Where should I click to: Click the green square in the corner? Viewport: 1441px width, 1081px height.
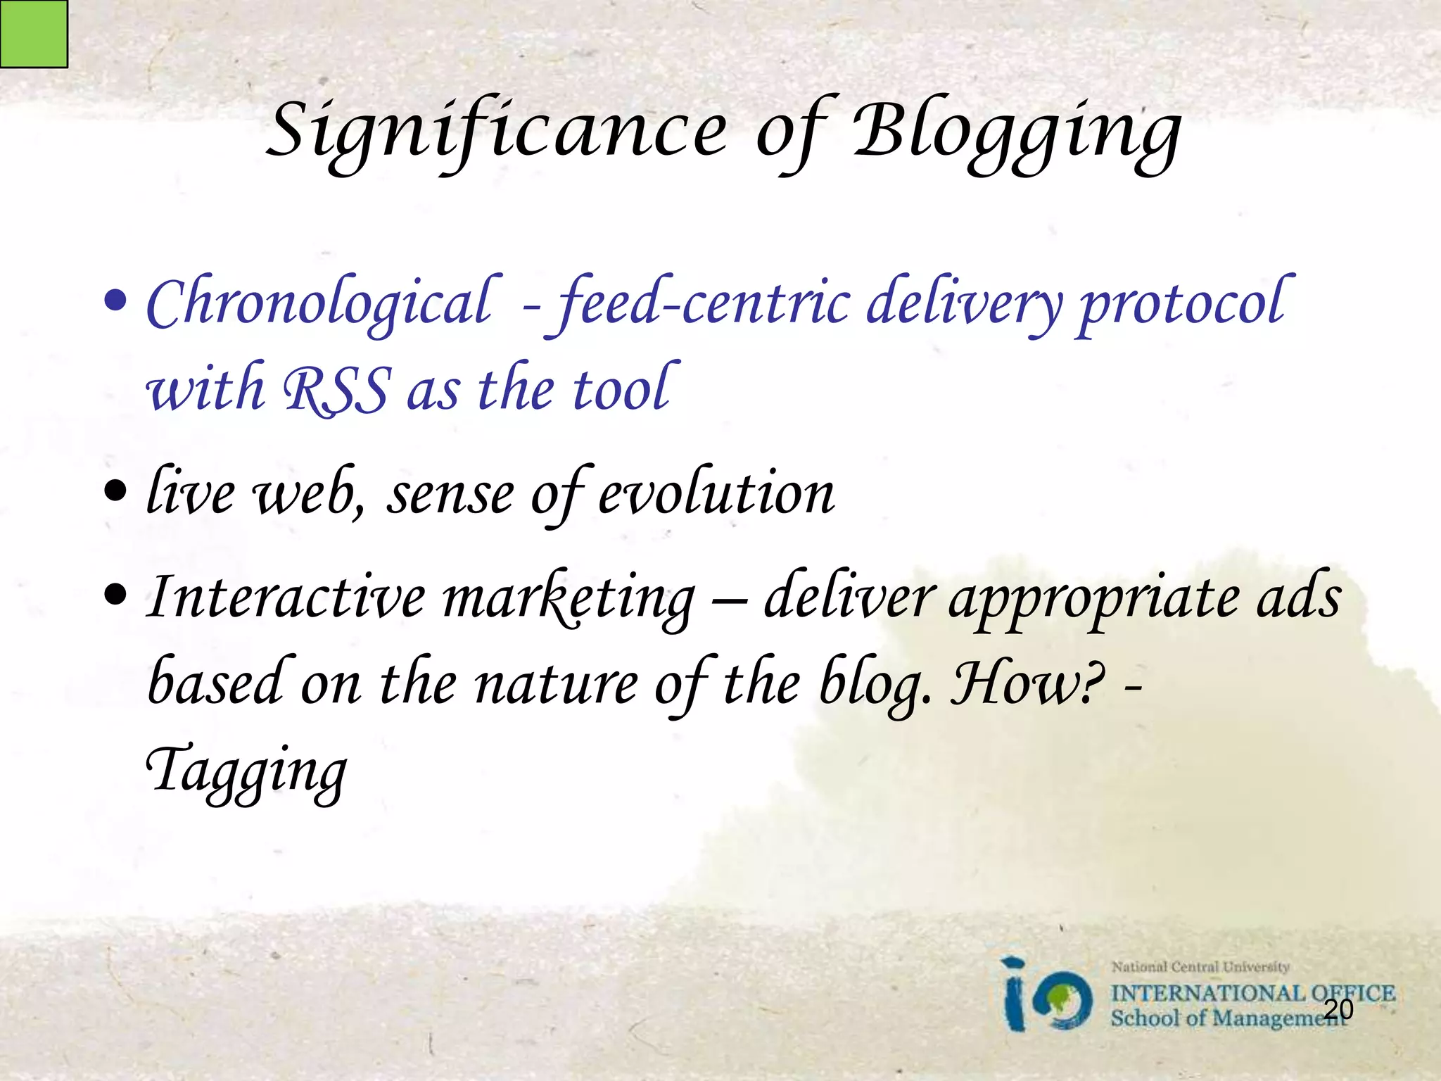(x=33, y=33)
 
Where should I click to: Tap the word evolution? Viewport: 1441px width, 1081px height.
(x=716, y=493)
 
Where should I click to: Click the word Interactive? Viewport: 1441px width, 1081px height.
(x=286, y=597)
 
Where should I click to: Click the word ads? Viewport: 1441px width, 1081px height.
(x=1300, y=597)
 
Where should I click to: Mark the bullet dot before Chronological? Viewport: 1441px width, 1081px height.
(x=115, y=301)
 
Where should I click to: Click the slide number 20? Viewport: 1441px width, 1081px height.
(x=1338, y=1009)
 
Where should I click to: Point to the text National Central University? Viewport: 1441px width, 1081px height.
(x=1200, y=967)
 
